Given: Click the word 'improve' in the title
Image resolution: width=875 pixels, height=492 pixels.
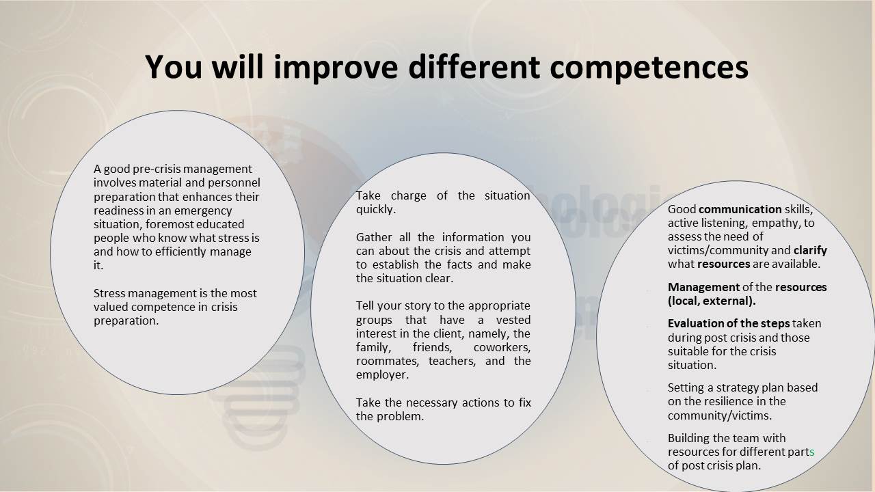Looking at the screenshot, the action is click(x=336, y=67).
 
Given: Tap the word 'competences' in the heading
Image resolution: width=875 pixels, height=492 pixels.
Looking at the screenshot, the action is click(x=649, y=67).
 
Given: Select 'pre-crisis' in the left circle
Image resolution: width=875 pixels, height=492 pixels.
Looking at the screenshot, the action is click(x=157, y=169).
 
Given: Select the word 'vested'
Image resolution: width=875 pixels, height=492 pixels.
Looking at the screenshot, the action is click(x=513, y=320).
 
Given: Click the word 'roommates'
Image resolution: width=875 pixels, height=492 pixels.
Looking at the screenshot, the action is click(x=386, y=361).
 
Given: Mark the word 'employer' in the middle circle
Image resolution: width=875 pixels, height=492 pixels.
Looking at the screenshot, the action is click(x=381, y=375).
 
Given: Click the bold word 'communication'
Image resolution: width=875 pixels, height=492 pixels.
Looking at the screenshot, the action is click(x=740, y=209).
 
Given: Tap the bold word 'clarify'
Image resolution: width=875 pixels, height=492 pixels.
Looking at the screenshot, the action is click(x=810, y=250).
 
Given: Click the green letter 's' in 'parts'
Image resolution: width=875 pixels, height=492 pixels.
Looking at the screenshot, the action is click(x=811, y=452).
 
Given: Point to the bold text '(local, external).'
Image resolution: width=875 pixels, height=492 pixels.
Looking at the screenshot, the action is click(x=712, y=301).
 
